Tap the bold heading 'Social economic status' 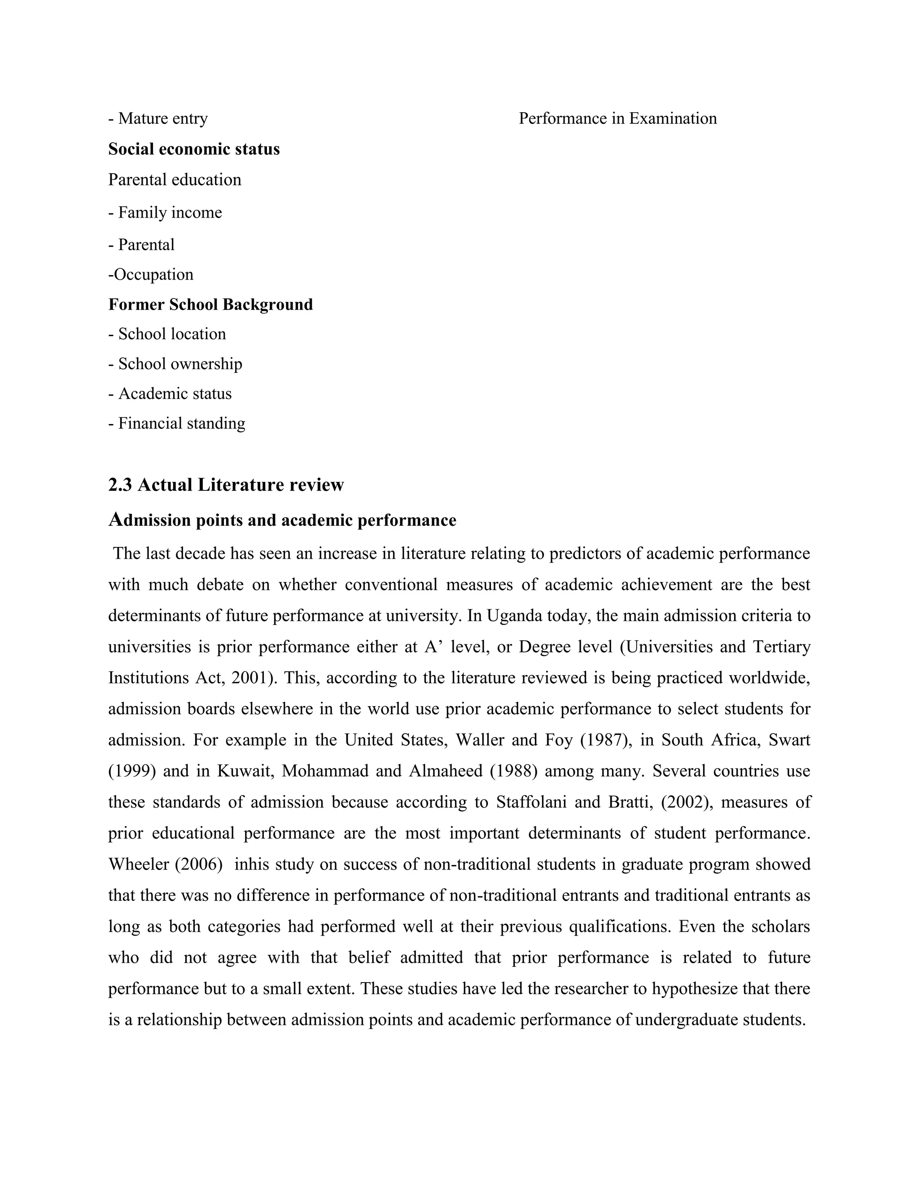tap(194, 149)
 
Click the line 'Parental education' tap(174, 179)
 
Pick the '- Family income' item tap(165, 212)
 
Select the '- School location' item tap(166, 334)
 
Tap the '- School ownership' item tap(175, 364)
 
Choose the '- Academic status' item tap(170, 393)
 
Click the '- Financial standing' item tap(176, 423)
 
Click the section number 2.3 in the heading tap(120, 485)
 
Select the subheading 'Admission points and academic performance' tap(282, 520)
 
